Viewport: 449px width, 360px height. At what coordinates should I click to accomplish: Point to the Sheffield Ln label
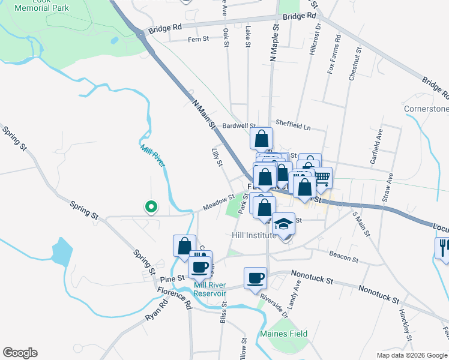293,127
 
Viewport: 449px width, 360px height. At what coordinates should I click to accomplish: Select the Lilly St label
217,157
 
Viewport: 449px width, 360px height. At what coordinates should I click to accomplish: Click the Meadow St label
218,202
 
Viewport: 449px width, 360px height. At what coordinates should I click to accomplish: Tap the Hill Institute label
254,235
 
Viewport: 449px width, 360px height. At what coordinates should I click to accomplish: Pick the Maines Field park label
283,334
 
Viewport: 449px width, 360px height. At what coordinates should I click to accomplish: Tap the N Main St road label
203,115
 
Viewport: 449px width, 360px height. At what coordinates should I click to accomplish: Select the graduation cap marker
284,224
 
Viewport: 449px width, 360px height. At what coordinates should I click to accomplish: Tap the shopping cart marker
322,177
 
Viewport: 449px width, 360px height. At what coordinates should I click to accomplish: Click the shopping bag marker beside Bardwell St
262,139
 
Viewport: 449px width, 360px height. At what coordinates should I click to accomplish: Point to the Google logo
20,353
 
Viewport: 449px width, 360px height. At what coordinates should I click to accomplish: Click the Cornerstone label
426,109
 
